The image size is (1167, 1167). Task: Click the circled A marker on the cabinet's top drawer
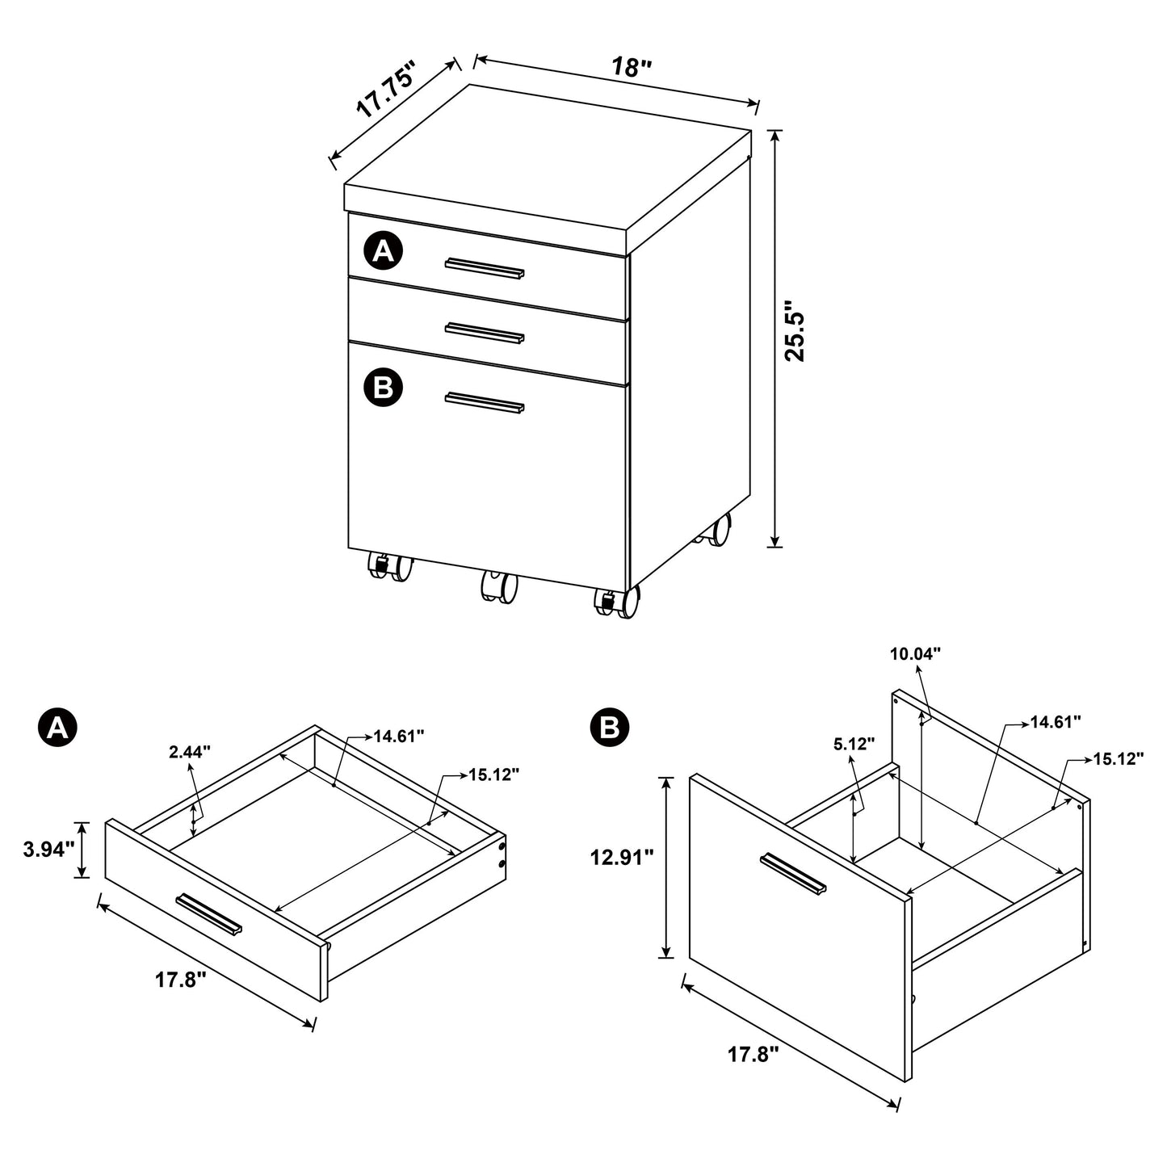tap(384, 251)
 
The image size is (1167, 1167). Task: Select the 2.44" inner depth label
tap(190, 752)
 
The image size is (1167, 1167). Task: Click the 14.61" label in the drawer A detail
tap(398, 735)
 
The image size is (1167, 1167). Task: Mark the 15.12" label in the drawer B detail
tap(1119, 758)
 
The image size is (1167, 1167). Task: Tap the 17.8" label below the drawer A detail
tap(180, 980)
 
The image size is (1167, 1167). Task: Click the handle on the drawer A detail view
tap(208, 913)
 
